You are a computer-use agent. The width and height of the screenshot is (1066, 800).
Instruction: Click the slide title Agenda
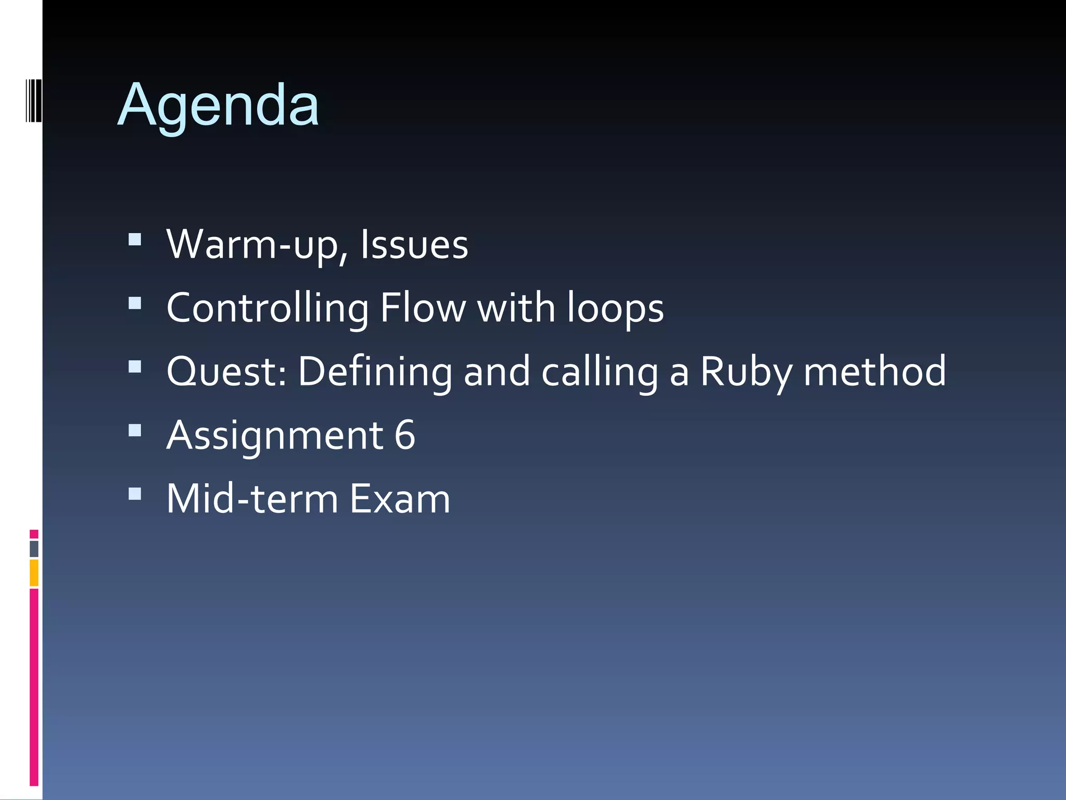(218, 106)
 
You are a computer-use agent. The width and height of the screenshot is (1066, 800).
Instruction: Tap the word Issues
(414, 245)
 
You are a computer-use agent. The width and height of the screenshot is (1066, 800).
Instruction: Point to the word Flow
(423, 308)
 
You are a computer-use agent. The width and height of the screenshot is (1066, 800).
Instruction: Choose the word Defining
(375, 372)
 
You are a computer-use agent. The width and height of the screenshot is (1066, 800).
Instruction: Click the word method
(874, 372)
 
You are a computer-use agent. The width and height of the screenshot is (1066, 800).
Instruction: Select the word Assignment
(275, 435)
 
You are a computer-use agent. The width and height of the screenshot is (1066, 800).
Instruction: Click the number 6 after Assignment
(405, 435)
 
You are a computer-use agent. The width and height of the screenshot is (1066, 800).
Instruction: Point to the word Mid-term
(252, 499)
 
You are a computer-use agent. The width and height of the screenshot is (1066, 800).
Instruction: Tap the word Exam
(400, 499)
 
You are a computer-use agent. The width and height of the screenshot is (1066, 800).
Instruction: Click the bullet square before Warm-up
(135, 240)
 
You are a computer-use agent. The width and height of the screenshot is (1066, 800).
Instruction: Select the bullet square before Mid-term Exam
(135, 494)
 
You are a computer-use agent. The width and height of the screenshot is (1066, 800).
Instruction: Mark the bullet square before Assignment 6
(135, 430)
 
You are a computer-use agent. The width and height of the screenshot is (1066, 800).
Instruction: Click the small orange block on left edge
(34, 572)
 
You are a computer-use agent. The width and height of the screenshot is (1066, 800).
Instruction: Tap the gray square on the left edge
(34, 549)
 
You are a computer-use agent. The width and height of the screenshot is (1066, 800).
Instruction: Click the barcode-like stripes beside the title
(33, 101)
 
